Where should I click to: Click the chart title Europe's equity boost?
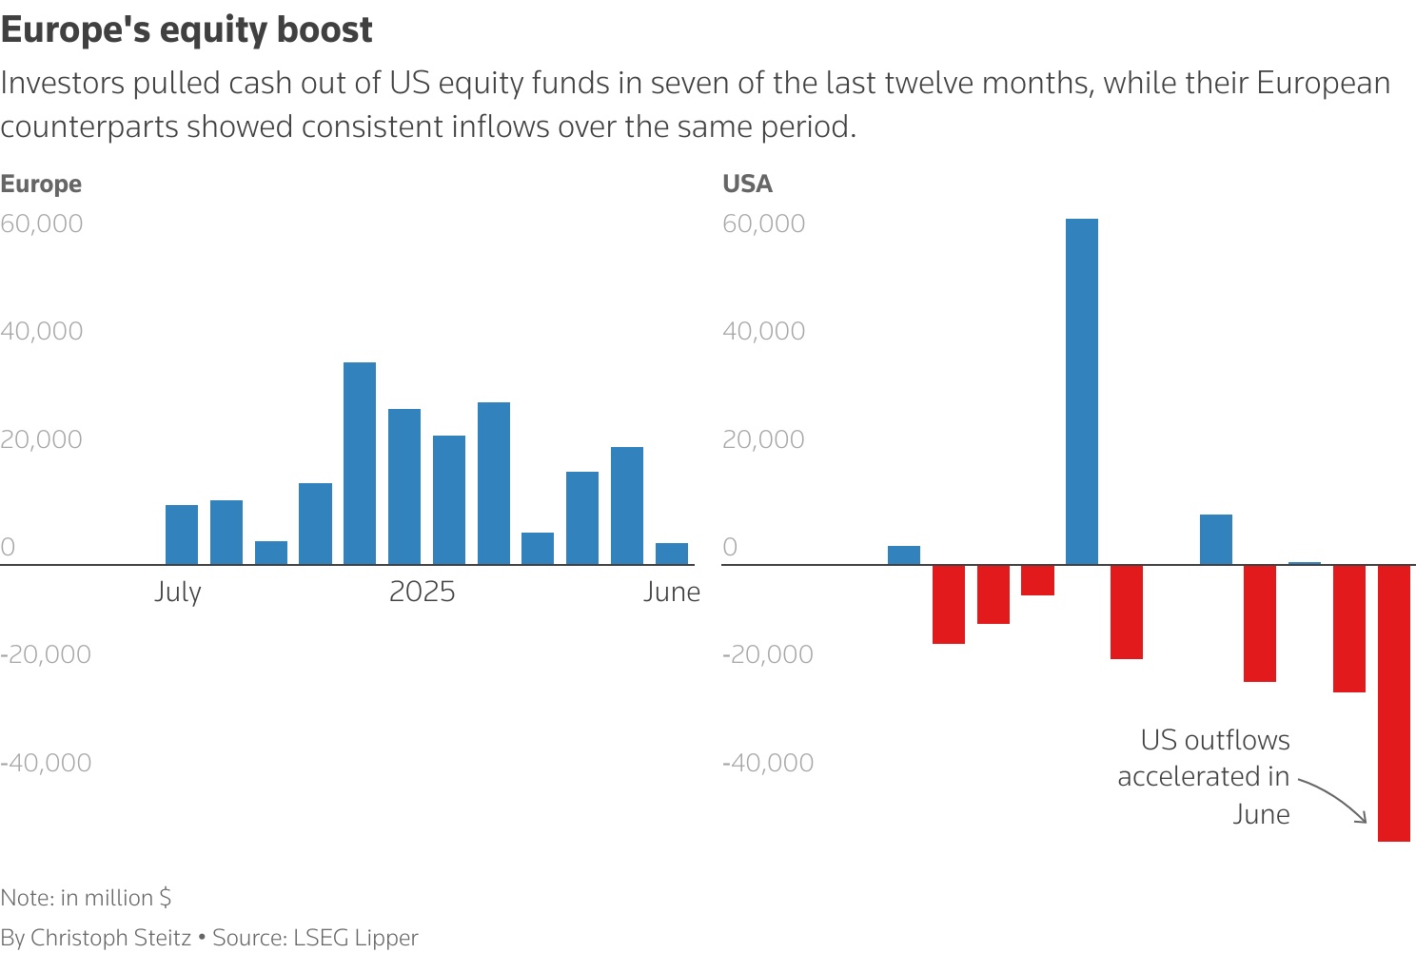187,30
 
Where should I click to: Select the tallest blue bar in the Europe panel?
360,463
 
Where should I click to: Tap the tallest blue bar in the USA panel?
1082,391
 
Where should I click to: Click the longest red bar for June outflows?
1394,703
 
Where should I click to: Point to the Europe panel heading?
41,184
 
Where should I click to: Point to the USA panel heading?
748,184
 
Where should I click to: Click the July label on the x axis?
178,592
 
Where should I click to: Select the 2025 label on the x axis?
423,592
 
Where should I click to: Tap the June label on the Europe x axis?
672,592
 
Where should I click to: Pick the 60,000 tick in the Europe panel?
42,224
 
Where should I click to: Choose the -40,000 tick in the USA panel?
768,763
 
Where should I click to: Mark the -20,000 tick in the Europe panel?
46,654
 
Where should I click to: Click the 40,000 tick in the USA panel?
764,331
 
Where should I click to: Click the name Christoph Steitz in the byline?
110,938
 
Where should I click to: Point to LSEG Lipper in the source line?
356,938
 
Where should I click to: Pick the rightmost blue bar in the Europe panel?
672,554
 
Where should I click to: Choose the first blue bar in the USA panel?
904,555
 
